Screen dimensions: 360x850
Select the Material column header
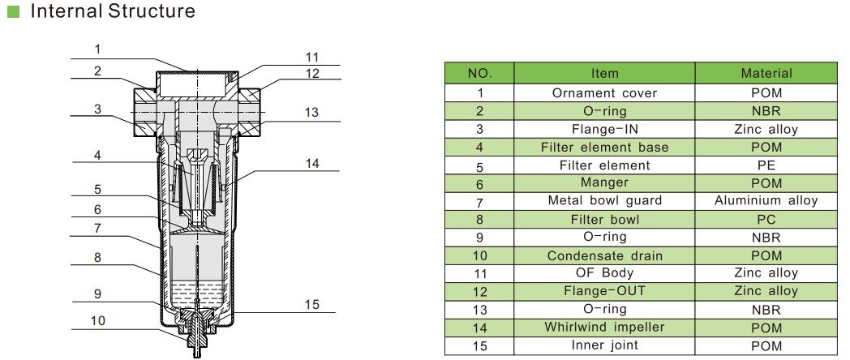[x=766, y=74]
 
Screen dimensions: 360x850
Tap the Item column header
[x=604, y=74]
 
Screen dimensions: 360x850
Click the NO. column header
[x=480, y=74]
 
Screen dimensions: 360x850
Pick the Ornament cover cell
[x=604, y=92]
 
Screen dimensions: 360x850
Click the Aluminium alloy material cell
[x=766, y=200]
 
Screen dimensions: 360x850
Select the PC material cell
[x=766, y=219]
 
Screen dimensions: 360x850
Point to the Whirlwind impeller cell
[x=604, y=328]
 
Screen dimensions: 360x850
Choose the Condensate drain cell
[x=604, y=255]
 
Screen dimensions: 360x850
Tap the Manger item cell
[x=604, y=183]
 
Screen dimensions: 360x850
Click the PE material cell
[x=766, y=165]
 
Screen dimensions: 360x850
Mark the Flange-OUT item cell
[x=604, y=291]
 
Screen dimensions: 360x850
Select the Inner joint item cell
[x=604, y=345]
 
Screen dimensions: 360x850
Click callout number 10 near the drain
[x=97, y=320]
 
